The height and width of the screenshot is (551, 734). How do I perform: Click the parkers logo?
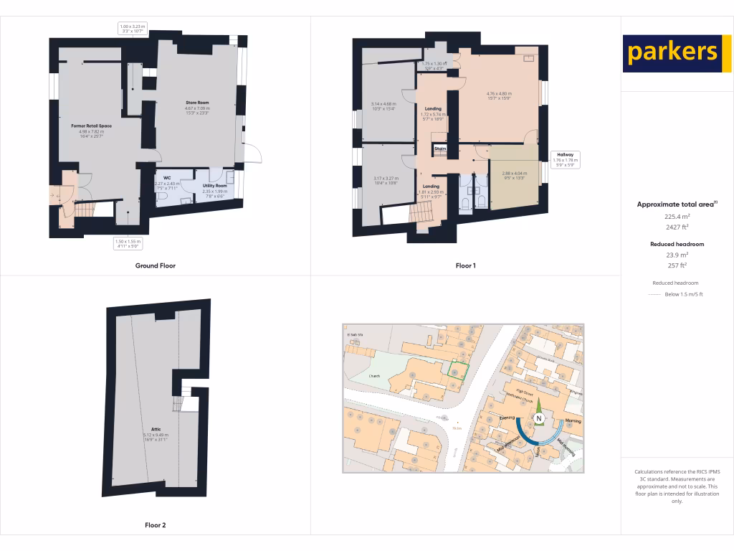pyautogui.click(x=672, y=52)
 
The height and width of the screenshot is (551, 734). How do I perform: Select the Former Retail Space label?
pyautogui.click(x=91, y=126)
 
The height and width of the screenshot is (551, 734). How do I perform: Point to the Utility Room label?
pyautogui.click(x=214, y=186)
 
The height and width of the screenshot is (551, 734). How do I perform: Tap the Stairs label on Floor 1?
pyautogui.click(x=440, y=149)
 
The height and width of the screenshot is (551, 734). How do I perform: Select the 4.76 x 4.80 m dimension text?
pyautogui.click(x=499, y=93)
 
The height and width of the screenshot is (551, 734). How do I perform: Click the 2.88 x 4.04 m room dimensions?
pyautogui.click(x=514, y=173)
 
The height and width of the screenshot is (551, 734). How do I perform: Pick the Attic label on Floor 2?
pyautogui.click(x=156, y=429)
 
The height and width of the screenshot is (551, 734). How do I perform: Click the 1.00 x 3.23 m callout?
pyautogui.click(x=132, y=28)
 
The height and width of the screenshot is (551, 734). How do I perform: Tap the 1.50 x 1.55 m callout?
pyautogui.click(x=128, y=243)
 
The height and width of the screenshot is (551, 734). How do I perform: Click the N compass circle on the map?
pyautogui.click(x=538, y=419)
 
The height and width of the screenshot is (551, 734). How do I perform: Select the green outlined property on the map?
pyautogui.click(x=458, y=371)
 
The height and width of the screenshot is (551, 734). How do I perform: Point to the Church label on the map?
pyautogui.click(x=374, y=376)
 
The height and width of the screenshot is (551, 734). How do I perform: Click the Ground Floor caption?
pyautogui.click(x=156, y=265)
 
